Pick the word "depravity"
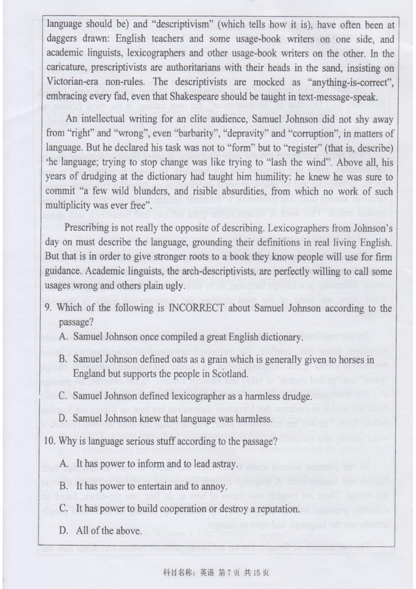click(248, 132)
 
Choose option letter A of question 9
click(63, 337)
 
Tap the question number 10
click(50, 441)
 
